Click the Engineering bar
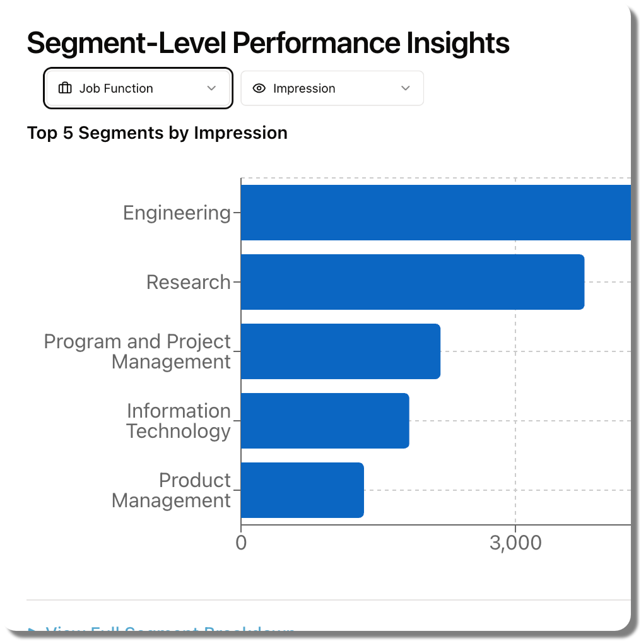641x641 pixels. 435,213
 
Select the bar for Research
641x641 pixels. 413,282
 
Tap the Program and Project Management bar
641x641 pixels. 341,351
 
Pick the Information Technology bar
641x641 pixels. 325,421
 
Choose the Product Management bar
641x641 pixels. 302,490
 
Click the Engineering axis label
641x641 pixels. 177,213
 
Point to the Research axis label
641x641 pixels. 189,282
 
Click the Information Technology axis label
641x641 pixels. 179,421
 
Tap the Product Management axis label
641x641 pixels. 172,490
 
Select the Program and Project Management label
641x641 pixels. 138,351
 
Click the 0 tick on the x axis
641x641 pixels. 241,543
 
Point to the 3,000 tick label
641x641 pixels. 515,543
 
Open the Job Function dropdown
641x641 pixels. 138,88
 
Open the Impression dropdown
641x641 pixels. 332,88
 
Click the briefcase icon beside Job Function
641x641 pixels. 65,88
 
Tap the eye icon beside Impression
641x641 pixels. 259,88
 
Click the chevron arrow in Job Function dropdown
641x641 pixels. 212,88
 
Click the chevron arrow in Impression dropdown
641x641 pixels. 406,88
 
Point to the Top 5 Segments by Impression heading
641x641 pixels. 157,133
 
